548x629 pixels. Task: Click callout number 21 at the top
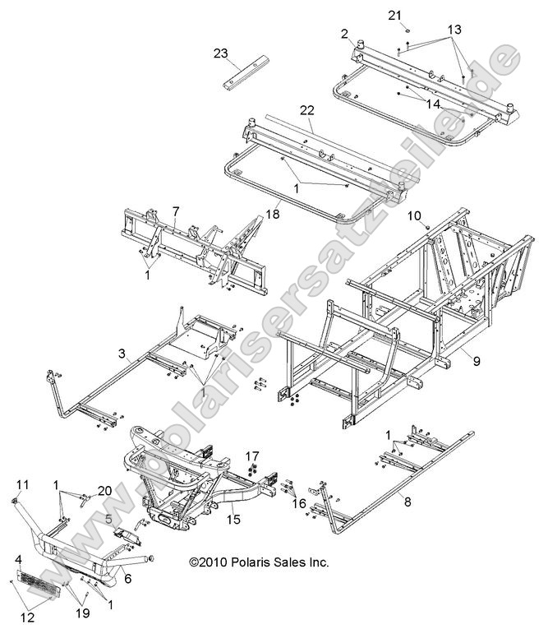coord(394,16)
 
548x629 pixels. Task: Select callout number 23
coord(220,53)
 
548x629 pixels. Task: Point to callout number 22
coord(306,110)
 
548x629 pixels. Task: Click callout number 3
coord(122,354)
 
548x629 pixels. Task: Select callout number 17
coord(252,456)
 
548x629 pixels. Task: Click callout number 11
coord(22,483)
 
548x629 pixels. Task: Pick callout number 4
coord(18,560)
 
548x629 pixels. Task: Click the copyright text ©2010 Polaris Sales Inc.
coord(259,563)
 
